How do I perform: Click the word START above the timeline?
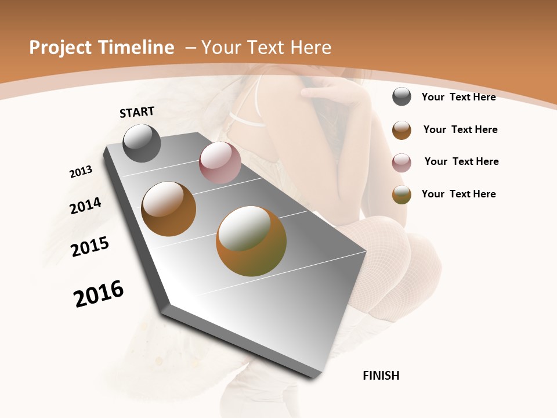click(137, 112)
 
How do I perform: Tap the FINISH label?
click(381, 376)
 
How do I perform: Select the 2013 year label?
click(81, 172)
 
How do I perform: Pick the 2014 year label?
click(85, 206)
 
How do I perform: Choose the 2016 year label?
click(99, 294)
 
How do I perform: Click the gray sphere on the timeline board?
click(142, 143)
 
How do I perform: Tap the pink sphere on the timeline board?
click(220, 163)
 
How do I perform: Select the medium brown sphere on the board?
click(169, 209)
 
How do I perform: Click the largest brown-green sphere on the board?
click(251, 241)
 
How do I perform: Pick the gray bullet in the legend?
click(402, 96)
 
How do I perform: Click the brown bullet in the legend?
click(402, 130)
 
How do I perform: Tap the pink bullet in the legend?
click(402, 163)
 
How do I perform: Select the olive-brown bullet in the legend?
click(402, 194)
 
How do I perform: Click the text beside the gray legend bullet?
click(458, 97)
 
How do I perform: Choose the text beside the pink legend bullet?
click(461, 161)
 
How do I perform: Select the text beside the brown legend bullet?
click(460, 129)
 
